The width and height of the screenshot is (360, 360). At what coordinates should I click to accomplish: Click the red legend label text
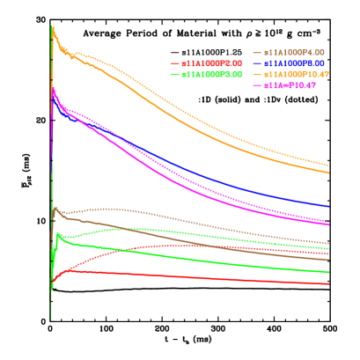click(211, 63)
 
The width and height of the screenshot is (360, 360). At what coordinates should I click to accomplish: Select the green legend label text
click(211, 75)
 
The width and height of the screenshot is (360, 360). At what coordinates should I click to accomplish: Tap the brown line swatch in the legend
click(257, 53)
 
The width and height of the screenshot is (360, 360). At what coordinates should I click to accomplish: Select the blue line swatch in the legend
click(257, 63)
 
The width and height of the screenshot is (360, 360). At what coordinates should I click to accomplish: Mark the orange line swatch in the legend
click(257, 75)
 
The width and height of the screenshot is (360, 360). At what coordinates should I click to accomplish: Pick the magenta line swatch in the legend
click(257, 85)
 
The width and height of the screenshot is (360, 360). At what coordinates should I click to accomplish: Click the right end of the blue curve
click(329, 207)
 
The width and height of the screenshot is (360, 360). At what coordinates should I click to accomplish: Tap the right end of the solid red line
click(329, 283)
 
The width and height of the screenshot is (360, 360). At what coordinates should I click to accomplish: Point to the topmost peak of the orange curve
click(53, 26)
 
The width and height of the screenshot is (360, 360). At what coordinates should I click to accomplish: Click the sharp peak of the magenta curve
click(54, 86)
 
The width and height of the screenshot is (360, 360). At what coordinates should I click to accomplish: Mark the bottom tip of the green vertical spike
click(51, 321)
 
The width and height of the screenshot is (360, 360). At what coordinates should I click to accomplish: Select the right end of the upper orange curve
click(329, 165)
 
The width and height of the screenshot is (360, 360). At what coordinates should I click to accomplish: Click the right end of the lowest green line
click(329, 272)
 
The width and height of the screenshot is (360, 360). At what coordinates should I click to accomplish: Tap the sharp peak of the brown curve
click(55, 208)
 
